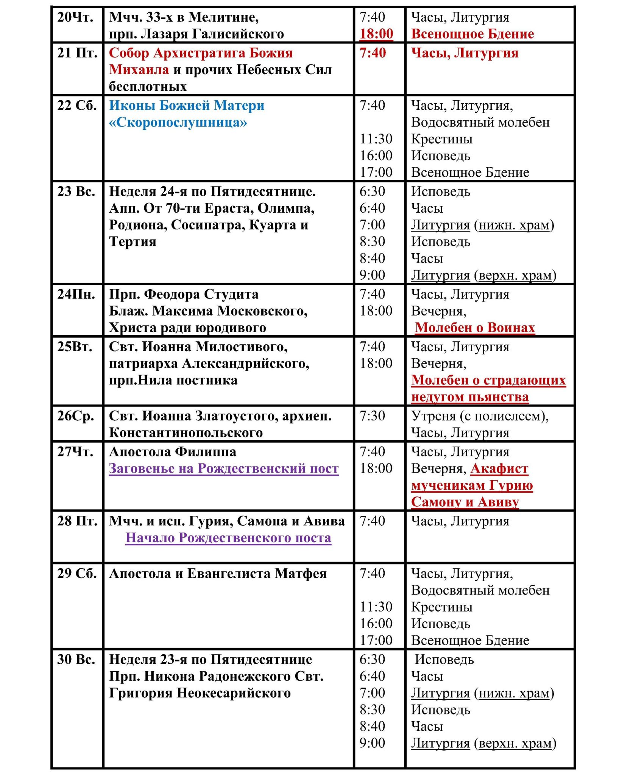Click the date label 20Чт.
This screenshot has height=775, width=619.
[75, 17]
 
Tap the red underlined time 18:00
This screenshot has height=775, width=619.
[376, 34]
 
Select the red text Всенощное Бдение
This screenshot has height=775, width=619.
[472, 34]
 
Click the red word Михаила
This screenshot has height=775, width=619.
[139, 70]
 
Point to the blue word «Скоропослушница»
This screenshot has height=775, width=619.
[178, 122]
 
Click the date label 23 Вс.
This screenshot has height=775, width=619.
[76, 191]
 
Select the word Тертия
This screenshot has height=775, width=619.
[133, 241]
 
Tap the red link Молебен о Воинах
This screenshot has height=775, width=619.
[474, 327]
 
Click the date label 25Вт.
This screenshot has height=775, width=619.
[75, 347]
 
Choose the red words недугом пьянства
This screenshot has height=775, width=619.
[470, 397]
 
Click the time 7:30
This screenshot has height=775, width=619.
[372, 416]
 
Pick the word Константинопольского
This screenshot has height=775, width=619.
[186, 433]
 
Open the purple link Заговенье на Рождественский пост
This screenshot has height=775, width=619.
[224, 468]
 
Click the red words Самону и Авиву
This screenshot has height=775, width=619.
[465, 502]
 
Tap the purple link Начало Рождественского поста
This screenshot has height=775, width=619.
[228, 538]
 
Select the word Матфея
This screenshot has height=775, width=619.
[301, 574]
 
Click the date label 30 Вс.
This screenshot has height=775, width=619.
[76, 660]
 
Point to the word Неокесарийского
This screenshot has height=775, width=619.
[234, 693]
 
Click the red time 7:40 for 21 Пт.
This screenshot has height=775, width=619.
[373, 53]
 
